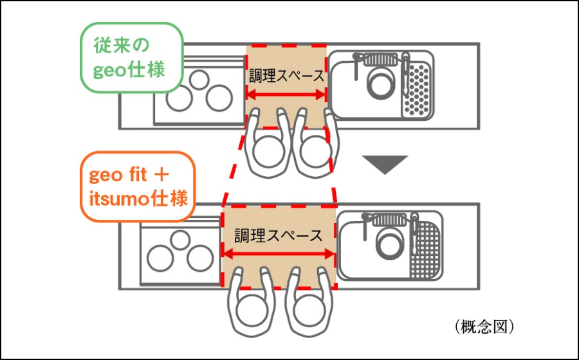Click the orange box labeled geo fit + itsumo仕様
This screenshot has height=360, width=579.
(136, 186)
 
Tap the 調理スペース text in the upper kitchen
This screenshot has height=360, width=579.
(287, 75)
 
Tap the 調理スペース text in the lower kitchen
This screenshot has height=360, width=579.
(278, 235)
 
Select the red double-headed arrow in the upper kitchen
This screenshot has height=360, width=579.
(287, 95)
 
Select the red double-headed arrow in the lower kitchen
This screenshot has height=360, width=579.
(278, 256)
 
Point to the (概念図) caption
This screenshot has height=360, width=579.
(484, 326)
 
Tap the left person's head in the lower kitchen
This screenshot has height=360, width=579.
(250, 314)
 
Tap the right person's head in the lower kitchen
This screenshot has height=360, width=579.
(308, 314)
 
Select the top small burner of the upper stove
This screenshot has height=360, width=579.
(199, 78)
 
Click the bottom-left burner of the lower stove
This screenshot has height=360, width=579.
(160, 258)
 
